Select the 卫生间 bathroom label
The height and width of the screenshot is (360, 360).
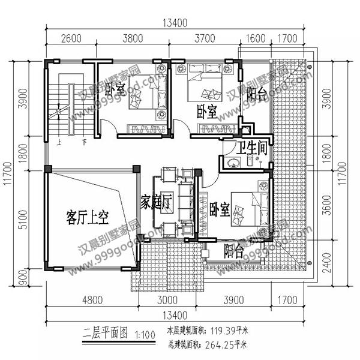click(251, 147)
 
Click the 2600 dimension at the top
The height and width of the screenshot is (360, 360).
click(71, 40)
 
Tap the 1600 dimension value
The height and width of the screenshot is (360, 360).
click(256, 40)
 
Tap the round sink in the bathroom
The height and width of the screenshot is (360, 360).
click(232, 162)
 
